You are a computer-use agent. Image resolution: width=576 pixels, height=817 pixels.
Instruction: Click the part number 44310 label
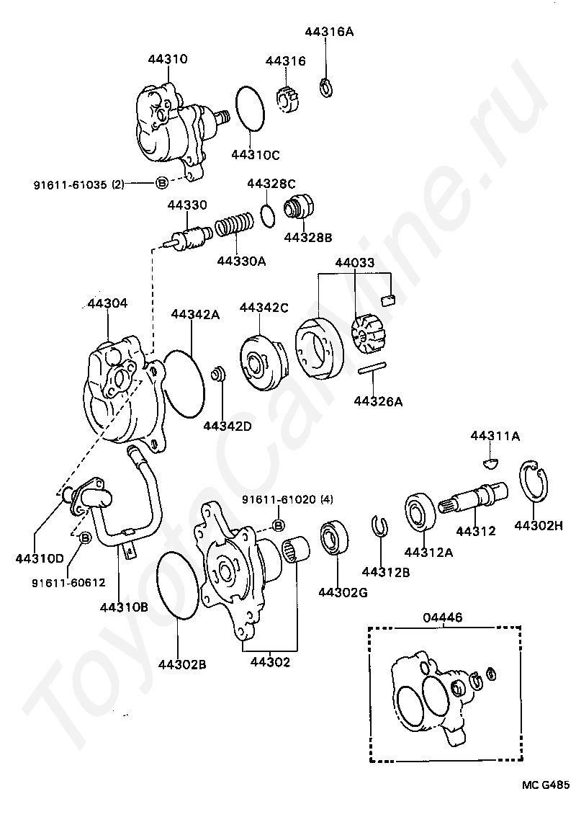166,60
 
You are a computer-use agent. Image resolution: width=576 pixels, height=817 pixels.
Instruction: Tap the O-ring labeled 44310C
250,109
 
